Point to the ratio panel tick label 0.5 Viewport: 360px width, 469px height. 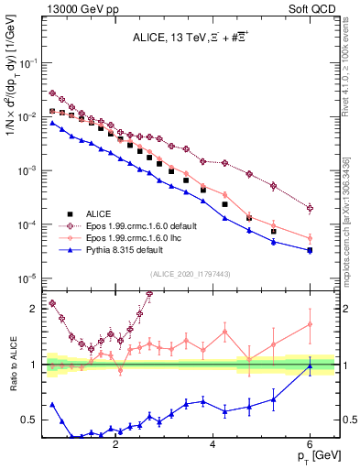click(x=30, y=420)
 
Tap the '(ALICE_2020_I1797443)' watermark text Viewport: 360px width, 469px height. click(x=190, y=274)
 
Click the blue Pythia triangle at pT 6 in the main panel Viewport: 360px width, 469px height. click(x=311, y=250)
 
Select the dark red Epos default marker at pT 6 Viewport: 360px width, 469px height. click(x=311, y=208)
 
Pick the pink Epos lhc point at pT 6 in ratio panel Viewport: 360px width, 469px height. click(x=311, y=324)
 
